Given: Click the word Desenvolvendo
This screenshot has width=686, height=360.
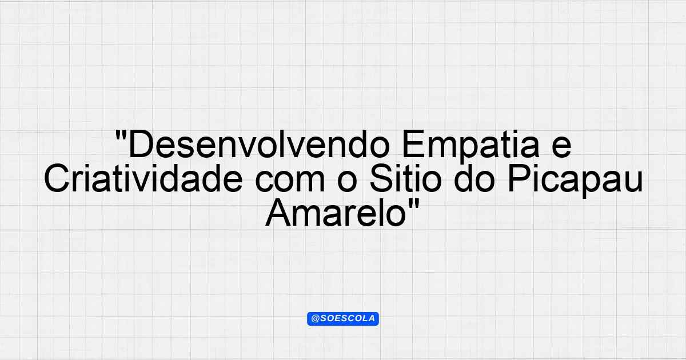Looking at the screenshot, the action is coord(259,145).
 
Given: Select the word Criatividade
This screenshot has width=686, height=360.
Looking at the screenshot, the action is coord(143,178).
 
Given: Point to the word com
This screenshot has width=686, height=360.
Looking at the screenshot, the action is coord(290,182).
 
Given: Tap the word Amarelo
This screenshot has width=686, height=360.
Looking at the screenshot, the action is coord(336,212).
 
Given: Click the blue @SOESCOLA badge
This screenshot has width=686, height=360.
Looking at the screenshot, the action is coord(343,319).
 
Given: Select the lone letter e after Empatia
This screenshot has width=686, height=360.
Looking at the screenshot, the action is coord(561,148).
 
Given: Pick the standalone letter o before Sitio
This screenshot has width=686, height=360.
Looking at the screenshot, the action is coord(348,182).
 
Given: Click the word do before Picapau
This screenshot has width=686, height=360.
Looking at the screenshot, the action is coord(474,179).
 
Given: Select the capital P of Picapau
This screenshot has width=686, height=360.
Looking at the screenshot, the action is coord(519,178).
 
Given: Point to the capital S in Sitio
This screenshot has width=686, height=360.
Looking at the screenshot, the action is coord(381,178).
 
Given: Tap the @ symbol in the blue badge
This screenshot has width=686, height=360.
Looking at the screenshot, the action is coord(315,319).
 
